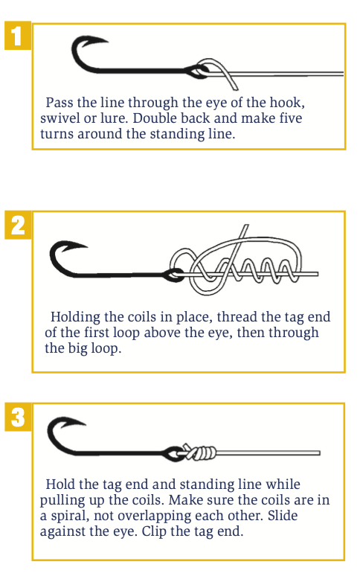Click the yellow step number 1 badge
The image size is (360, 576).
(18, 36)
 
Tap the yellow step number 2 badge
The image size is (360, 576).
(18, 225)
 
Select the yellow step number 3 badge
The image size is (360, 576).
(18, 417)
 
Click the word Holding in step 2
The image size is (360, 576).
(75, 317)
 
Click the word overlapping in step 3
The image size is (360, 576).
(153, 516)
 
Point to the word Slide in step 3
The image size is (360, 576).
(282, 516)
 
